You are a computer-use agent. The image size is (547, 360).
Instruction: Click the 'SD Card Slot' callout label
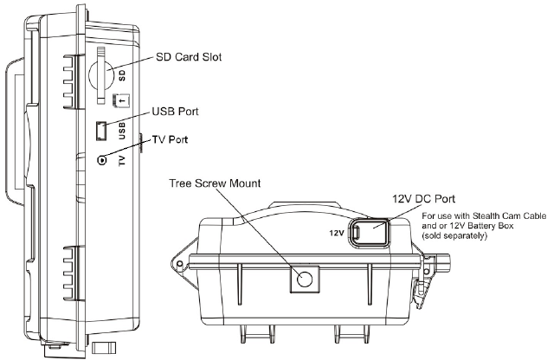click(x=189, y=57)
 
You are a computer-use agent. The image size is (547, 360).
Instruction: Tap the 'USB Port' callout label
click(x=175, y=112)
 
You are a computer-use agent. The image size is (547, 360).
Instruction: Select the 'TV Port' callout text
click(x=170, y=139)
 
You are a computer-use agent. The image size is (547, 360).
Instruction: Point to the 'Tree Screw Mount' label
click(x=215, y=183)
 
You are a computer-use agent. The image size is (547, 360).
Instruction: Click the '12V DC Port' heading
click(x=424, y=199)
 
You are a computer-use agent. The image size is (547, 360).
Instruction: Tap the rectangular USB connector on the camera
click(x=100, y=131)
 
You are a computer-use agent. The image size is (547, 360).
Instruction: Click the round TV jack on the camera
click(x=102, y=160)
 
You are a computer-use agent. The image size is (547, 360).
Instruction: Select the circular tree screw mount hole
click(x=305, y=279)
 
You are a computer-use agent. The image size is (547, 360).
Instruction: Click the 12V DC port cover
click(x=370, y=231)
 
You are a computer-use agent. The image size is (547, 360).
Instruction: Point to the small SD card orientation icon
click(x=121, y=100)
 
